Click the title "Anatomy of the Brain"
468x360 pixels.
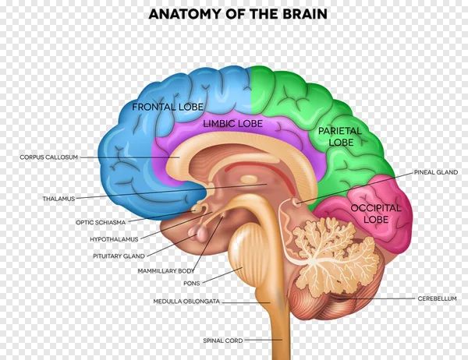pyautogui.click(x=238, y=14)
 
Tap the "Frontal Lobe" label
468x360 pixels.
pyautogui.click(x=168, y=107)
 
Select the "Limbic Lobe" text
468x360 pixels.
pyautogui.click(x=232, y=123)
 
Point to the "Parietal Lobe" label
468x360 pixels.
pyautogui.click(x=340, y=136)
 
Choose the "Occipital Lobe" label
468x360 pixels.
pyautogui.click(x=376, y=214)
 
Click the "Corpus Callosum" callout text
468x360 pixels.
pyautogui.click(x=48, y=157)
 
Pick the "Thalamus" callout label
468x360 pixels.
pyautogui.click(x=58, y=199)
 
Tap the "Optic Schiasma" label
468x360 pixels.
pyautogui.click(x=101, y=223)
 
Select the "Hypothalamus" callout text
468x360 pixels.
pyautogui.click(x=114, y=239)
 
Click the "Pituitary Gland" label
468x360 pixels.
pyautogui.click(x=119, y=256)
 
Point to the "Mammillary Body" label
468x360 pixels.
pyautogui.click(x=166, y=271)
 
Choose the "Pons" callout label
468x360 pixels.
pyautogui.click(x=192, y=284)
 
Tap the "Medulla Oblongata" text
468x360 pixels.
pyautogui.click(x=186, y=302)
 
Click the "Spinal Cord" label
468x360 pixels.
pyautogui.click(x=223, y=341)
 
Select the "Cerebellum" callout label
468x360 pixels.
pyautogui.click(x=437, y=298)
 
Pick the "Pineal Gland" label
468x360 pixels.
pyautogui.click(x=436, y=172)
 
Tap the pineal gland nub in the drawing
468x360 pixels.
pyautogui.click(x=296, y=202)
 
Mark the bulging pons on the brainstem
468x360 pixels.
pyautogui.click(x=246, y=251)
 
